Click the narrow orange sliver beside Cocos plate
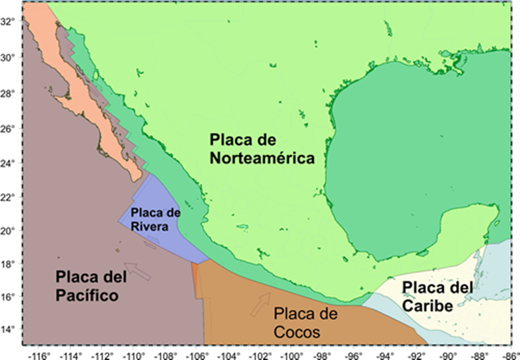[x=195, y=279]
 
